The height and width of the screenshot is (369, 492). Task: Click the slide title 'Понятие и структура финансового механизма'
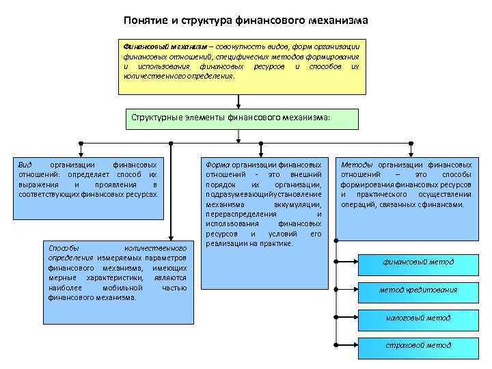(x=246, y=20)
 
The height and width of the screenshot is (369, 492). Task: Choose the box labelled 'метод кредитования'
(x=418, y=290)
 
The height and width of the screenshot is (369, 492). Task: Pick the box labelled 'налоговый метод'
(x=418, y=318)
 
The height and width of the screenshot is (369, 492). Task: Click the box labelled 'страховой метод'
(x=418, y=345)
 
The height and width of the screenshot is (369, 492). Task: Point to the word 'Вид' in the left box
(x=25, y=165)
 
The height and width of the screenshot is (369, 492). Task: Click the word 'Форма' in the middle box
(x=217, y=165)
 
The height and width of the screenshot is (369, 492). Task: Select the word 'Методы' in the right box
(x=356, y=165)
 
